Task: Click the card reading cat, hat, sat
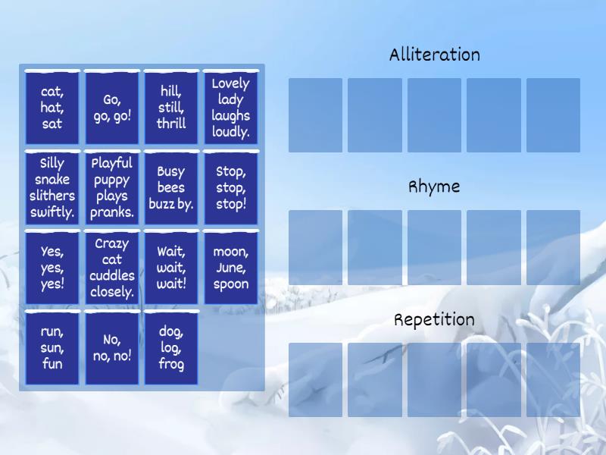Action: (x=52, y=108)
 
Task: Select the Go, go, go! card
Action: (x=112, y=108)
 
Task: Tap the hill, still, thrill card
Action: (x=171, y=108)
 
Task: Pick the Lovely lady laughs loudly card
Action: (x=231, y=108)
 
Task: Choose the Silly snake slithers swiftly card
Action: (x=52, y=188)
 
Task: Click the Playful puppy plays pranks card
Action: (x=112, y=188)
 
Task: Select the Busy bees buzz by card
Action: (x=171, y=188)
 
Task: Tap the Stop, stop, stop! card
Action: (x=231, y=188)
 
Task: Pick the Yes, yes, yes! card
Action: (x=52, y=268)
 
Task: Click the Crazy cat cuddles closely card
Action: (x=112, y=268)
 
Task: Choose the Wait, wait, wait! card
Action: (x=171, y=268)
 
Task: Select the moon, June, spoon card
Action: (x=231, y=268)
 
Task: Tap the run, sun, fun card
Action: (x=52, y=348)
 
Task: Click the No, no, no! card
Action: (x=112, y=348)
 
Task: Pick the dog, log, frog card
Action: (x=171, y=348)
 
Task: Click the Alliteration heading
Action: (x=435, y=55)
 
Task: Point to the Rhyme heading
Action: (x=435, y=187)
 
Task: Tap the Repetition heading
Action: (x=435, y=319)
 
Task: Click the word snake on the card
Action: (x=52, y=180)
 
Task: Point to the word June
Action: (x=230, y=268)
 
